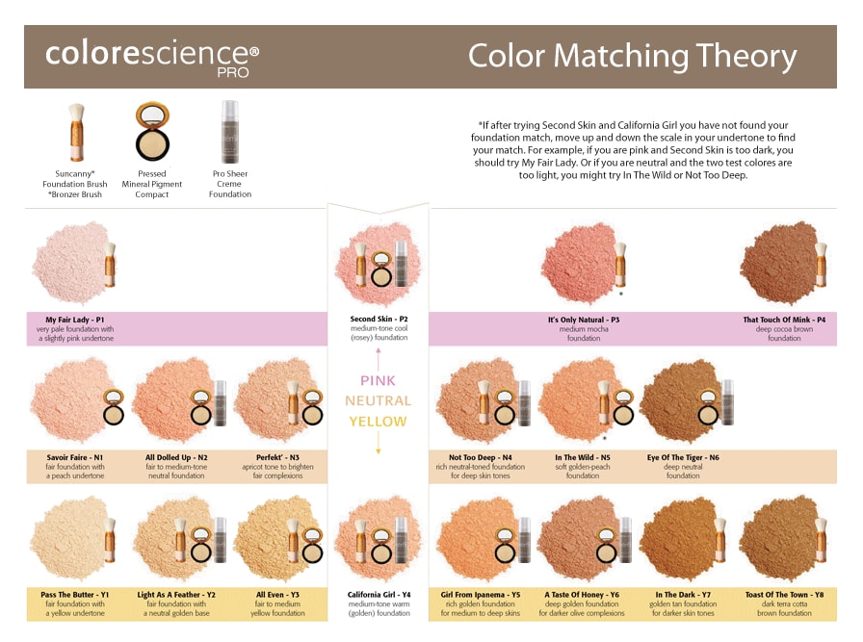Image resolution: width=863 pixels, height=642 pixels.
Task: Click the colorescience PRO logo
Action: coord(152,58)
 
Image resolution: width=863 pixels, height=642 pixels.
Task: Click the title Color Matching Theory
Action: coord(633,56)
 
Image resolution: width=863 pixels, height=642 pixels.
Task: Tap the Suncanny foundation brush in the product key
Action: coord(76,132)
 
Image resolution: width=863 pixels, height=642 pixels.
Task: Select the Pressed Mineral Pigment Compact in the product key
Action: coord(152,131)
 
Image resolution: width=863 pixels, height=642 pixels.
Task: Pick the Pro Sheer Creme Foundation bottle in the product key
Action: coord(229,132)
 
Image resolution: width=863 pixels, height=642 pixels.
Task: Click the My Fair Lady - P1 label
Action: coord(75,320)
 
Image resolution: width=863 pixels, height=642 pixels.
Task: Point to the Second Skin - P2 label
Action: coord(379,319)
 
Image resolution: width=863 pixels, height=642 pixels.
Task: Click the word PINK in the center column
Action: coord(378,381)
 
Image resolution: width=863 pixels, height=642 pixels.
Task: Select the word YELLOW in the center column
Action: coord(378,422)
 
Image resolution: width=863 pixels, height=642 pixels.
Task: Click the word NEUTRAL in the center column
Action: coord(378,401)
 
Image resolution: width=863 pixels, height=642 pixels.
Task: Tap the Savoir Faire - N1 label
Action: coord(75,457)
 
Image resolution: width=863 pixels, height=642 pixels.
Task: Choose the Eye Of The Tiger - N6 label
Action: coord(683,457)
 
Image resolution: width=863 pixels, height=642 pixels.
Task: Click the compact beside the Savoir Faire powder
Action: coord(114,406)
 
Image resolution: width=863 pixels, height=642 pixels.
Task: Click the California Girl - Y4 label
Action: coord(379,595)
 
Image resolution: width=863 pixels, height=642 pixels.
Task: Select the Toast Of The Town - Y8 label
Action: coord(784,595)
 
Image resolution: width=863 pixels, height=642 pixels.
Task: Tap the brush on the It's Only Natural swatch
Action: coord(620,264)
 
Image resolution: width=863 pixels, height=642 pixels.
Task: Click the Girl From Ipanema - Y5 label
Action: coord(480,595)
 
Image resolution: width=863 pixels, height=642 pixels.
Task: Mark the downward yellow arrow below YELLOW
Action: coord(379,443)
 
